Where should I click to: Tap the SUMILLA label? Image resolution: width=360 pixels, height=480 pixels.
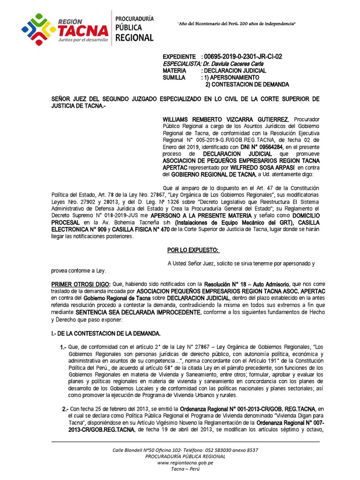(174, 77)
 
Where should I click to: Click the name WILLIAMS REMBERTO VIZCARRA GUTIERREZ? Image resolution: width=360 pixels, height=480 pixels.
(225, 120)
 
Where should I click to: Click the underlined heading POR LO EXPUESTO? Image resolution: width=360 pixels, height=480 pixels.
(193, 250)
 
